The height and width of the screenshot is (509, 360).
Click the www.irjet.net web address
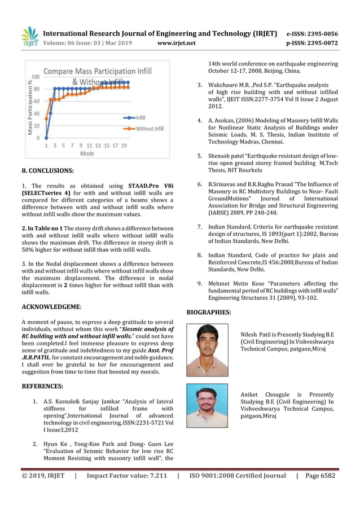pos(177,43)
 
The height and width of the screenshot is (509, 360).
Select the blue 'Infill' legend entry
pos(139,117)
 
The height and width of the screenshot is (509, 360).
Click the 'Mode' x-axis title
pos(87,153)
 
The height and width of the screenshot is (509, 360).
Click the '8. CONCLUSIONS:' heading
pos(48,169)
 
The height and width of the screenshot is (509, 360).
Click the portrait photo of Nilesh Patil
pos(207,349)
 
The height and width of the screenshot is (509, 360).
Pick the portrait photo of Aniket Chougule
pos(207,406)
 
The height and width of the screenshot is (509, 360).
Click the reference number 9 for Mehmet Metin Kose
pos(200,284)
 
